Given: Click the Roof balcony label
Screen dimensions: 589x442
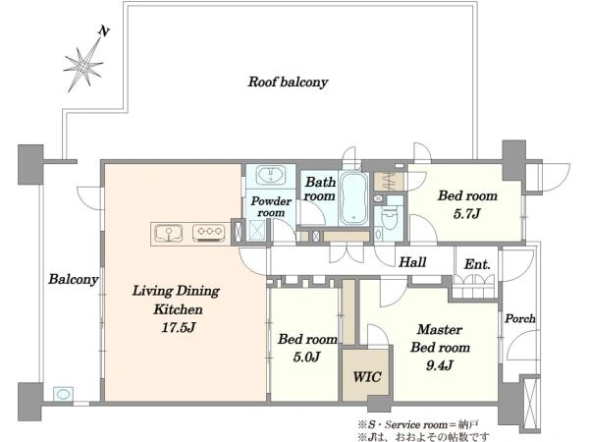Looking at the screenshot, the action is click(288, 82).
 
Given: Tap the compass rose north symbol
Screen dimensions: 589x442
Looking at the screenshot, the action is click(83, 66).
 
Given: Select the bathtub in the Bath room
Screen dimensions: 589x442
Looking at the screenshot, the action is click(353, 198).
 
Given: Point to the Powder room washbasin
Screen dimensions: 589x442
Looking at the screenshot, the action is click(271, 175).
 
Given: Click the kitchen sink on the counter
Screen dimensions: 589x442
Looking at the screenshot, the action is click(169, 233).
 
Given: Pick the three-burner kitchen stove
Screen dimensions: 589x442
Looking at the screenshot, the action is click(209, 232).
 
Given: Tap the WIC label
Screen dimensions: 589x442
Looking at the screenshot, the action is click(367, 376).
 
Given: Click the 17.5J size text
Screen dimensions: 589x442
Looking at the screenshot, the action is click(179, 327).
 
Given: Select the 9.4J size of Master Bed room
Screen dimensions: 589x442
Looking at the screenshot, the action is click(440, 365).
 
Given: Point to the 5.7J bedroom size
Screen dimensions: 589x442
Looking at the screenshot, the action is click(467, 214).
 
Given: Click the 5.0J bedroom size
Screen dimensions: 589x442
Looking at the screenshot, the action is click(306, 357).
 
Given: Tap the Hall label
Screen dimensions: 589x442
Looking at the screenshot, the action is click(412, 262).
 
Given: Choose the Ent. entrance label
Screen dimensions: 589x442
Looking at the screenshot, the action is click(477, 264).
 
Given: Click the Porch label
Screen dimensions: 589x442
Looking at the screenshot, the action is click(520, 318).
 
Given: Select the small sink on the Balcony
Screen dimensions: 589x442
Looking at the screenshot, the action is click(63, 394).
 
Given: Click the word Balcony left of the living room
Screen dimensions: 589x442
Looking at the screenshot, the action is click(74, 279).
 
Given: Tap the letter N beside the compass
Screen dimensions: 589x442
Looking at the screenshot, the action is click(104, 31).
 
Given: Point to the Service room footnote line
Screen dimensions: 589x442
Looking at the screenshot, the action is click(418, 424).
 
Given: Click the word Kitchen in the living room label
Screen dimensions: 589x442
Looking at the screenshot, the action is click(178, 309).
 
